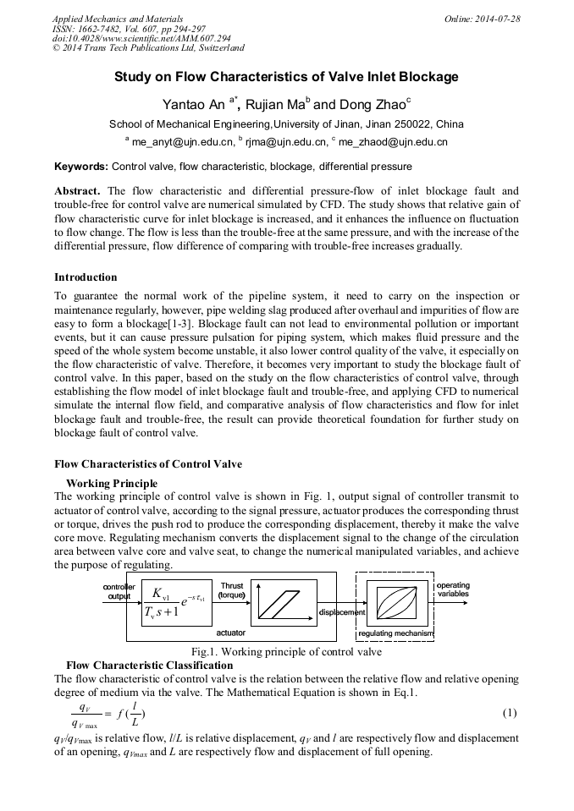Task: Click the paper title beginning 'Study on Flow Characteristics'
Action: pos(286,77)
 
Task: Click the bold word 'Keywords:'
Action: pos(81,167)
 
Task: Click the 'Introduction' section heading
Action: pos(86,277)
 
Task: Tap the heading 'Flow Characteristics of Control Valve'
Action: pos(148,464)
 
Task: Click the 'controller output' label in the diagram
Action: pos(119,591)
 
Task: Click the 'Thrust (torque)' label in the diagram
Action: pos(231,590)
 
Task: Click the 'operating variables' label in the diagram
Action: pos(453,589)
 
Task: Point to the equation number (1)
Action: pos(509,713)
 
